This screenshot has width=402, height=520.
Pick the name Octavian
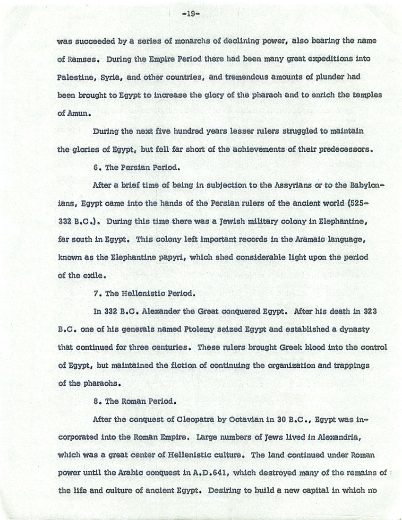tap(239, 420)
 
